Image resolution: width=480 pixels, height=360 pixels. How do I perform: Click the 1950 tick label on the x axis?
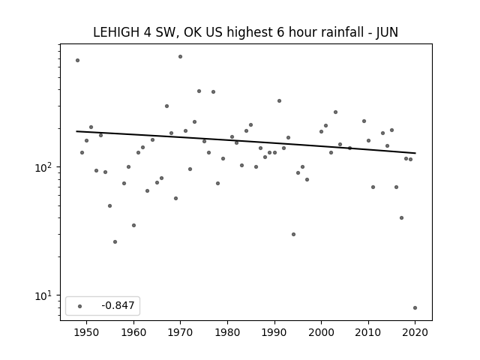click(x=87, y=332)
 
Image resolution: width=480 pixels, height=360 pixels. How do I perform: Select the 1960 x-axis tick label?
click(x=133, y=332)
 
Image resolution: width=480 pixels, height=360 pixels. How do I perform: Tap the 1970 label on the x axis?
click(x=181, y=332)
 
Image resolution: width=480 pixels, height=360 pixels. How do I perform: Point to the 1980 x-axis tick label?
click(x=227, y=332)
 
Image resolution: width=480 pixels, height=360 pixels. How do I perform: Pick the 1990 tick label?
click(x=274, y=332)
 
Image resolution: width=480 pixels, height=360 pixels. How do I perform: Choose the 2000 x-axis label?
click(x=322, y=332)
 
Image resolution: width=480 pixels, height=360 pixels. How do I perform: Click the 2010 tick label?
click(x=368, y=332)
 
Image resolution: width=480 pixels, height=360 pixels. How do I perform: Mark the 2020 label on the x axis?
click(x=415, y=332)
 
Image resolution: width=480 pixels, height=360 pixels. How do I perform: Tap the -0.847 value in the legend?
click(x=118, y=305)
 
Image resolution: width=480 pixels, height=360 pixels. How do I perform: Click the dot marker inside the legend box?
click(x=80, y=306)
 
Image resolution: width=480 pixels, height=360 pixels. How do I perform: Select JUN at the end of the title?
click(x=387, y=32)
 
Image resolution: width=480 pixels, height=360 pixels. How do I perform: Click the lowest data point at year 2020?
click(x=415, y=308)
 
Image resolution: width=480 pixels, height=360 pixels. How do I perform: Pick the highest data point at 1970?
click(x=180, y=57)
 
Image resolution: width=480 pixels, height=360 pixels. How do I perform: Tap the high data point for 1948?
click(x=77, y=60)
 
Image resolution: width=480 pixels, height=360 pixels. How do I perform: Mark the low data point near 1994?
click(x=293, y=235)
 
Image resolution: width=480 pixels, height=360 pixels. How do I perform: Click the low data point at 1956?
click(x=115, y=241)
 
